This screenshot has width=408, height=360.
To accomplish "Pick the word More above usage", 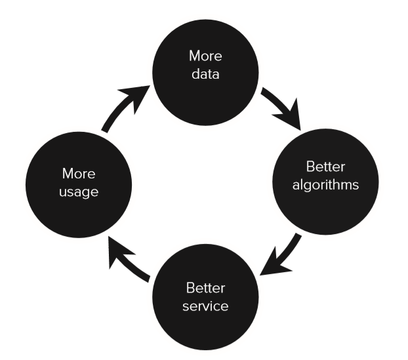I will point(79,174).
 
